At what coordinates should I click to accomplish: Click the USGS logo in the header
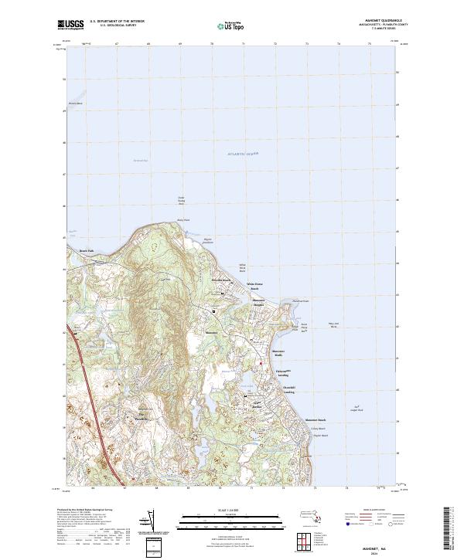[71, 25]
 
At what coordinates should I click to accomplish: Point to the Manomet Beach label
[316, 420]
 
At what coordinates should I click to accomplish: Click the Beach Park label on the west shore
[86, 250]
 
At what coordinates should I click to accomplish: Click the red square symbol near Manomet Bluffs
[264, 363]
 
